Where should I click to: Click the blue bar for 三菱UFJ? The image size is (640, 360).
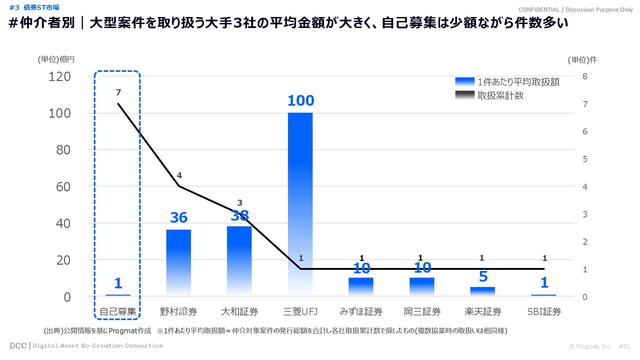pyautogui.click(x=300, y=203)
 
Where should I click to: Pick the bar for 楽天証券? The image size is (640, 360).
pyautogui.click(x=483, y=291)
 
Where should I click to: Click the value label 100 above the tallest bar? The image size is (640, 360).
pyautogui.click(x=301, y=101)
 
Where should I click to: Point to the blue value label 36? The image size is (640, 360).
pyautogui.click(x=179, y=218)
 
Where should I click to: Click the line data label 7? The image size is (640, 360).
pyautogui.click(x=118, y=92)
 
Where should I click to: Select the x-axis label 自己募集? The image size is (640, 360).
pyautogui.click(x=118, y=312)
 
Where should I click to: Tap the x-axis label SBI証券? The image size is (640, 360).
pyautogui.click(x=544, y=312)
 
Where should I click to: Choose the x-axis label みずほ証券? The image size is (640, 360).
pyautogui.click(x=361, y=312)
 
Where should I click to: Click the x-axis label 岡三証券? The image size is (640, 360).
pyautogui.click(x=422, y=312)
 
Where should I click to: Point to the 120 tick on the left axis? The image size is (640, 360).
pyautogui.click(x=60, y=77)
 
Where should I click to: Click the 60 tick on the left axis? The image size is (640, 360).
pyautogui.click(x=63, y=187)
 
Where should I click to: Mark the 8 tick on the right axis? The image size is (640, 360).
pyautogui.click(x=585, y=76)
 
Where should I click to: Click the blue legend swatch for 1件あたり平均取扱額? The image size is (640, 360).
pyautogui.click(x=465, y=82)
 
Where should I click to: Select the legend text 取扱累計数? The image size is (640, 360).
pyautogui.click(x=500, y=96)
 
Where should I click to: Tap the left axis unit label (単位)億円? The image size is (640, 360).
pyautogui.click(x=56, y=59)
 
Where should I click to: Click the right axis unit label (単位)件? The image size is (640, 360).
pyautogui.click(x=582, y=60)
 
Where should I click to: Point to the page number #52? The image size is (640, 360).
pyautogui.click(x=624, y=346)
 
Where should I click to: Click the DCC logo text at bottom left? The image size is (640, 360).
pyautogui.click(x=18, y=346)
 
